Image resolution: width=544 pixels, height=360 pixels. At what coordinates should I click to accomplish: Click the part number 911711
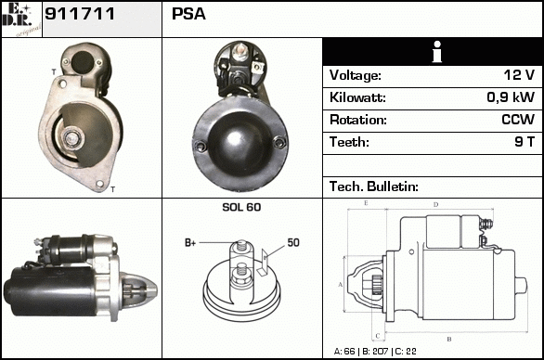pos(80,14)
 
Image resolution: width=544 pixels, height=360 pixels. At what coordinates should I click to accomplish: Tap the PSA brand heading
pos(188,14)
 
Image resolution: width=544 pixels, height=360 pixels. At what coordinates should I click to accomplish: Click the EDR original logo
pos(21,19)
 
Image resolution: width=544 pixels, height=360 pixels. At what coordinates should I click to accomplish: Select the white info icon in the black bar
pos(437,52)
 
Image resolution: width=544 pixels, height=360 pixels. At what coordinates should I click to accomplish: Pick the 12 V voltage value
pos(519,75)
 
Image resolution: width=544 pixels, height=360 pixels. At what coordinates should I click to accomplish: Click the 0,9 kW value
pos(511,97)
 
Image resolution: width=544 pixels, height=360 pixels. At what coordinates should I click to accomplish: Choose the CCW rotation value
pos(518,120)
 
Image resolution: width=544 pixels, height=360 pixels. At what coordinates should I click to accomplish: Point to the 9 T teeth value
pos(525,142)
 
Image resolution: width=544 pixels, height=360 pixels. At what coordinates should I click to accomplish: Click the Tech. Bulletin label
pos(374,186)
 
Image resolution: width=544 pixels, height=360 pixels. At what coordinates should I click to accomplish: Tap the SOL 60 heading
pos(241,207)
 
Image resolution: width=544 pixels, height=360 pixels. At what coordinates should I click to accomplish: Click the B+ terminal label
pos(190,243)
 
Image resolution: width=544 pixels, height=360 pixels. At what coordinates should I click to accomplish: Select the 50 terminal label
pos(293,242)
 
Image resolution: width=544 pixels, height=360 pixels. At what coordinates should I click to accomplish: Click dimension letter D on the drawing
pos(436,205)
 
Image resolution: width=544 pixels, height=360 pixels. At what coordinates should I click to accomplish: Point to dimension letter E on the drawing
pos(366,203)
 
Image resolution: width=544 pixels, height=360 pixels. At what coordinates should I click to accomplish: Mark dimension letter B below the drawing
pos(449,340)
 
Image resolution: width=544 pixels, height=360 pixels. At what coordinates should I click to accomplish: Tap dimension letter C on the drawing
pos(378,336)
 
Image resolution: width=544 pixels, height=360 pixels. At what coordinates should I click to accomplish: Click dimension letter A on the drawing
pos(340,285)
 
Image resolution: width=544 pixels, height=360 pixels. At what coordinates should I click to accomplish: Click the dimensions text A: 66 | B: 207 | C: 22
pos(375,352)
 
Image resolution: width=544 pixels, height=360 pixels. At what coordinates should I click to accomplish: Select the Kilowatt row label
pos(357,97)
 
